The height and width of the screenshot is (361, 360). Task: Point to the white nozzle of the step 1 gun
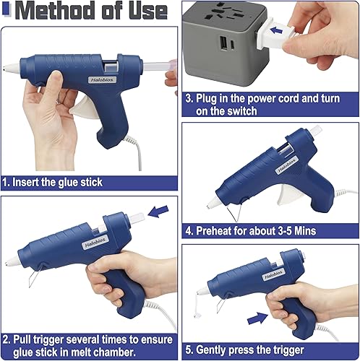[11, 67]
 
